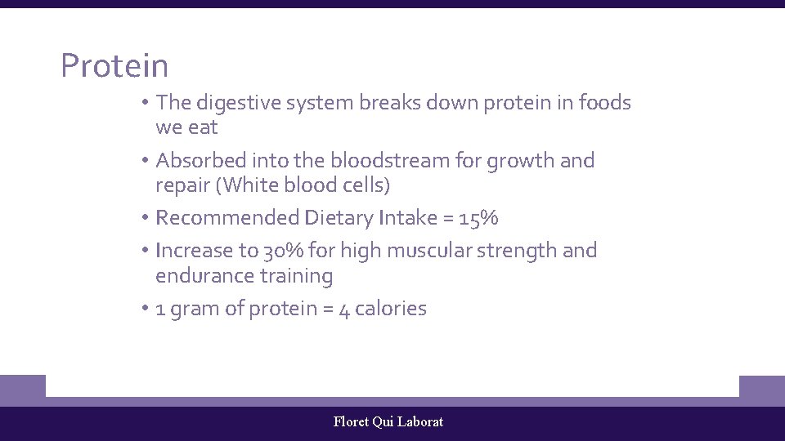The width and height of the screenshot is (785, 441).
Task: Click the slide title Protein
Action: click(114, 66)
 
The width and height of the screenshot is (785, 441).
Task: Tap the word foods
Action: click(604, 103)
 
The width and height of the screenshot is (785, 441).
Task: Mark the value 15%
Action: click(478, 218)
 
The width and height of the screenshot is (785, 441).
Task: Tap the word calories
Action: click(391, 309)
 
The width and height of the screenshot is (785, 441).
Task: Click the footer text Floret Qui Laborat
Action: click(388, 422)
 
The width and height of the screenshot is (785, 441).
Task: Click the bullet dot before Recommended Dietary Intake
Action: click(143, 218)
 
